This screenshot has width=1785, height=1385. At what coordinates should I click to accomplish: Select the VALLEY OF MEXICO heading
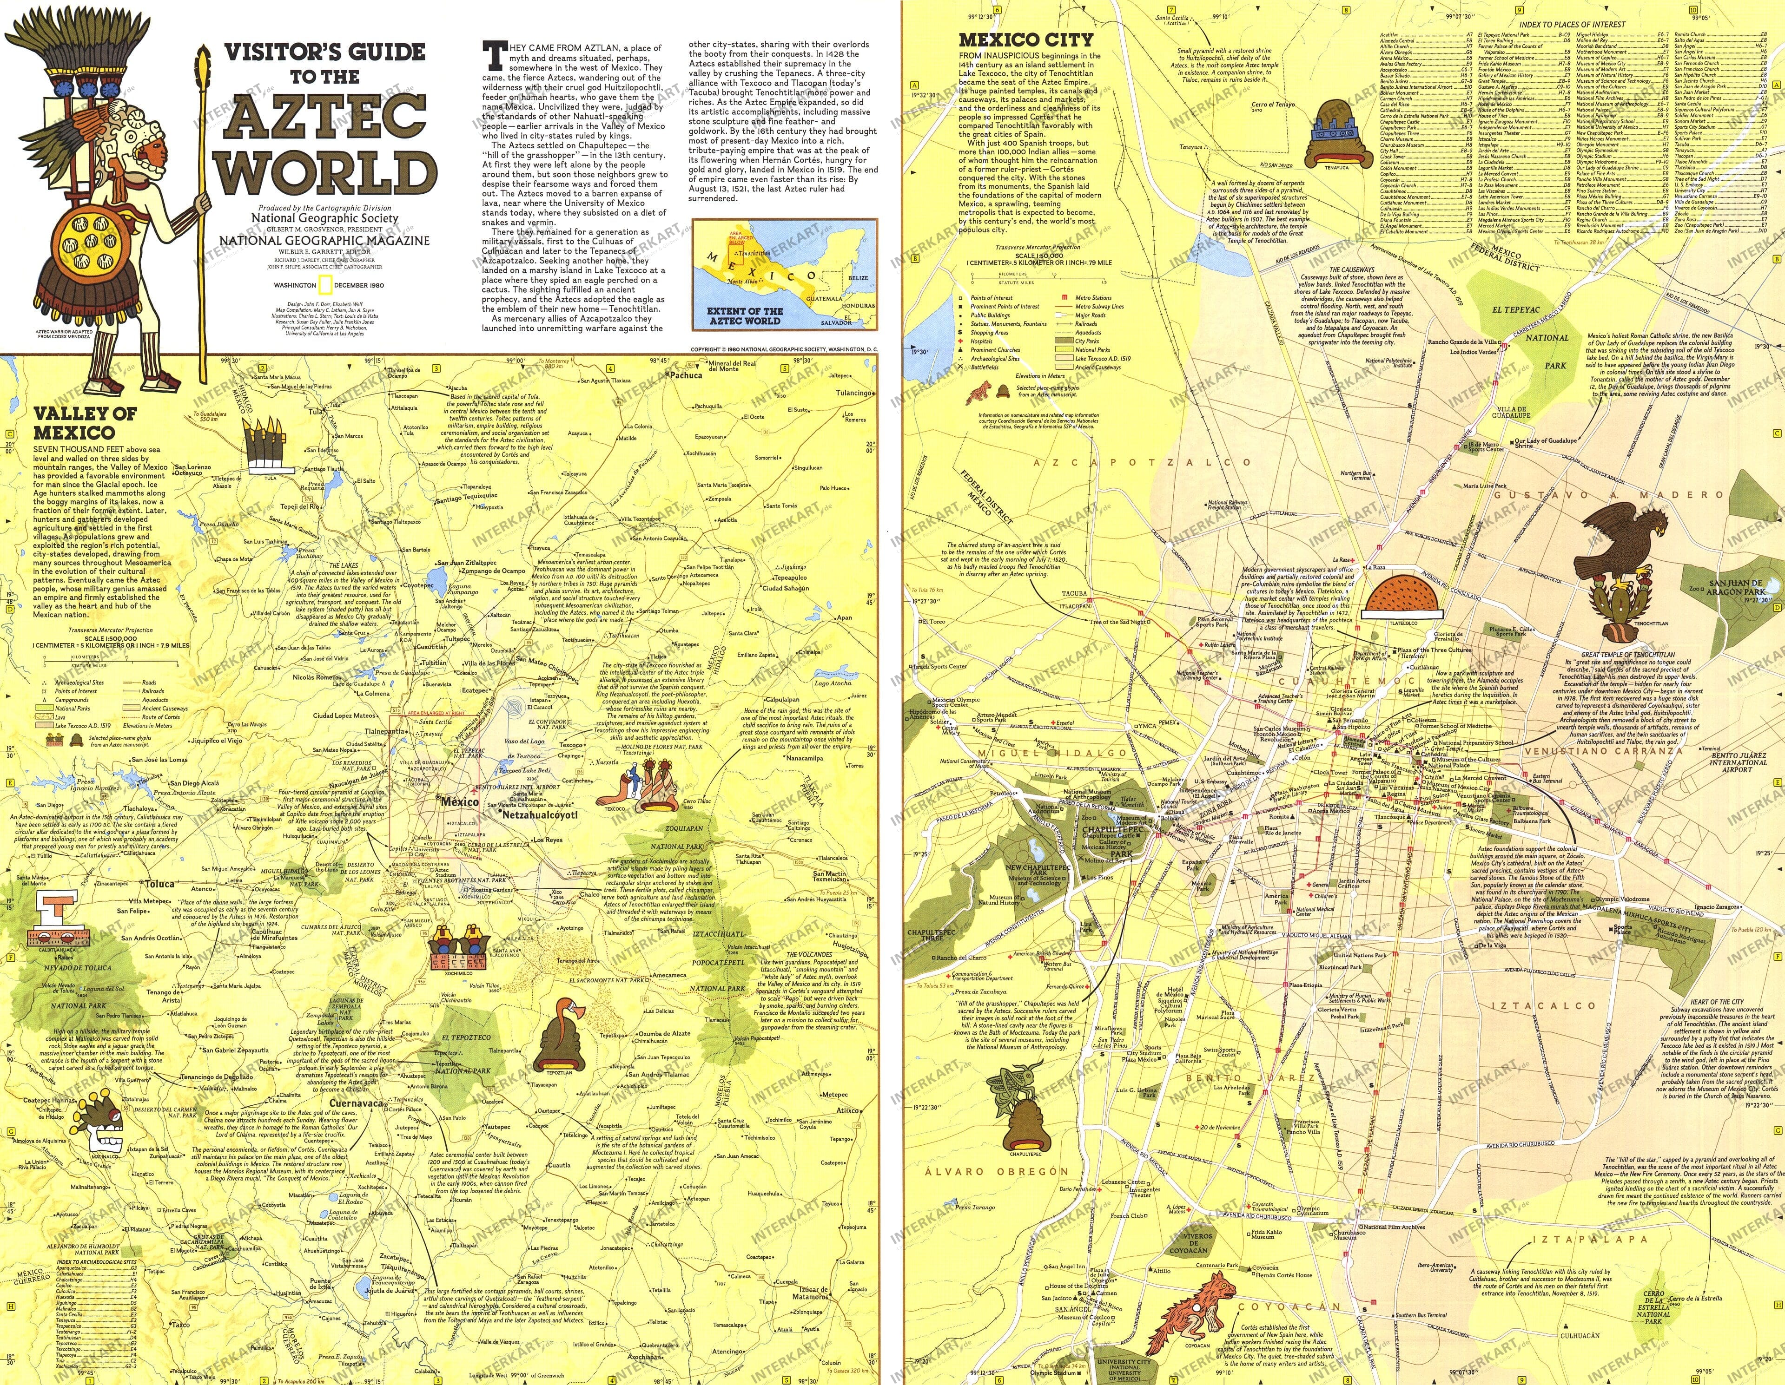(84, 422)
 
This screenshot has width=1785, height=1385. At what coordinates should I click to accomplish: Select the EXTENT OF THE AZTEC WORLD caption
(745, 316)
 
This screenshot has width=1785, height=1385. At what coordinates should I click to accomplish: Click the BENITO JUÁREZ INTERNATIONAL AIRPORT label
(1737, 763)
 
